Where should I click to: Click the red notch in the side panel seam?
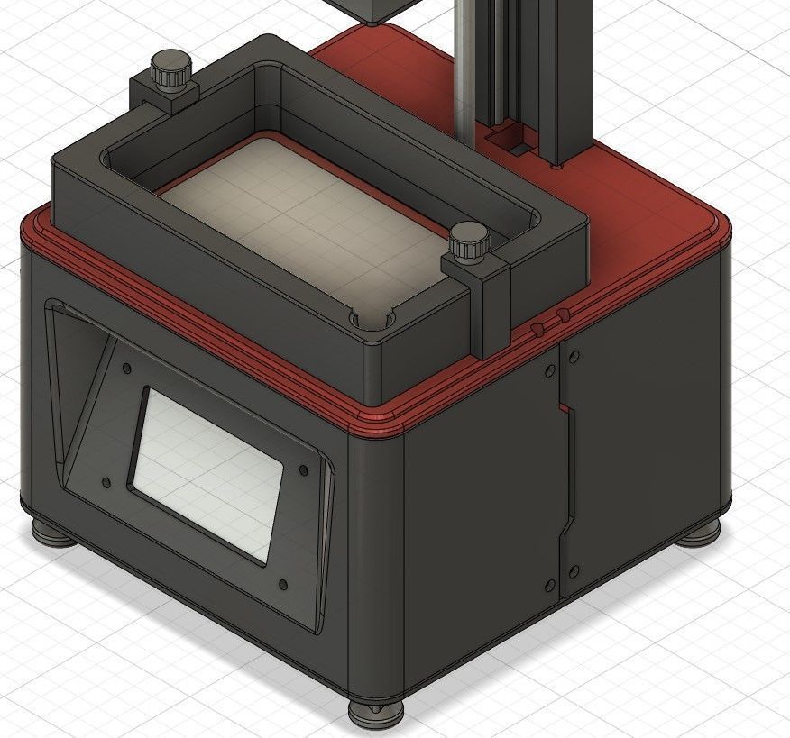pyautogui.click(x=567, y=410)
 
